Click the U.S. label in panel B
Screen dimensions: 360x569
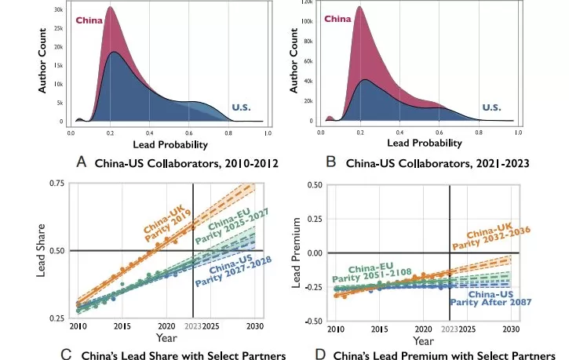(492, 107)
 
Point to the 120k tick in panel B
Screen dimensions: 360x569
(308, 5)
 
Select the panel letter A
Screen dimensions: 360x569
(82, 162)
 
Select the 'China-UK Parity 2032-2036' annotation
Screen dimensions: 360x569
(497, 238)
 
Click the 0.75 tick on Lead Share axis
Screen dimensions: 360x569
(56, 184)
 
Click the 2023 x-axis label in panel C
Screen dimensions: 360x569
(192, 325)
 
